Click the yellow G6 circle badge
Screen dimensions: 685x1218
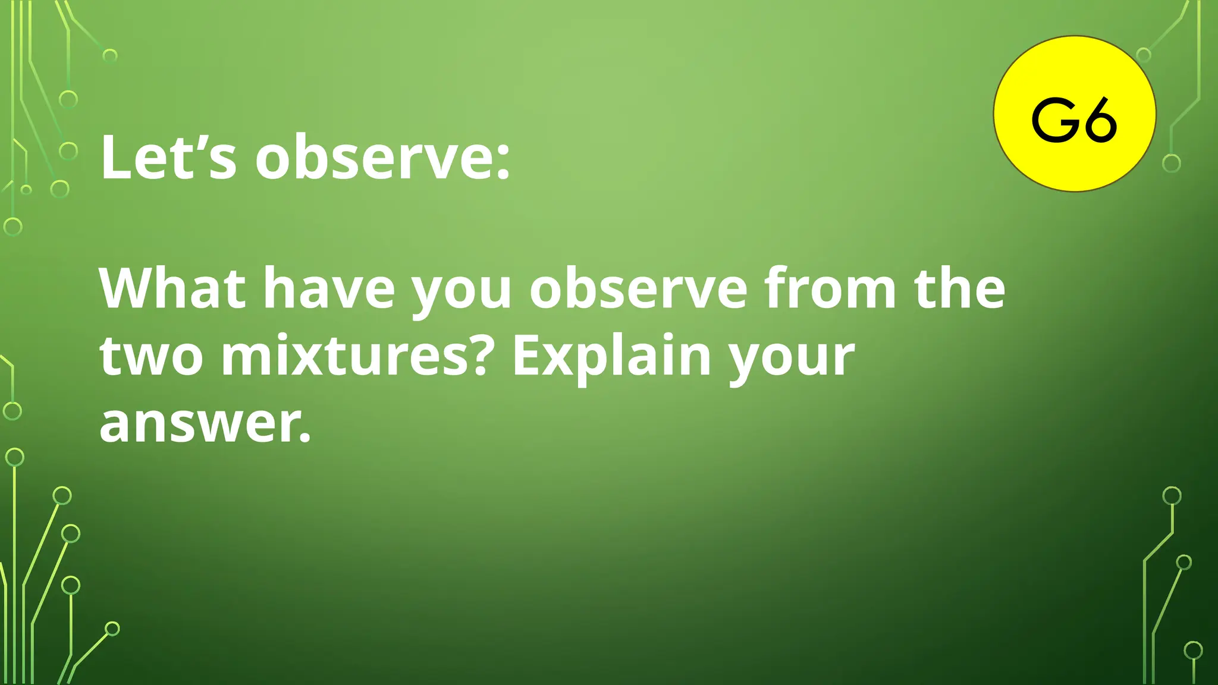tap(1074, 114)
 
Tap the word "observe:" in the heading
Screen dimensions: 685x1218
tap(382, 158)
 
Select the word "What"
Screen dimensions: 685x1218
tap(172, 289)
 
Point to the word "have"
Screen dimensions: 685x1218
tap(329, 289)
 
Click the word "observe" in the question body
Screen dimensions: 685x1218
tap(638, 289)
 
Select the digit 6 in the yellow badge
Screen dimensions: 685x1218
tap(1100, 121)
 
